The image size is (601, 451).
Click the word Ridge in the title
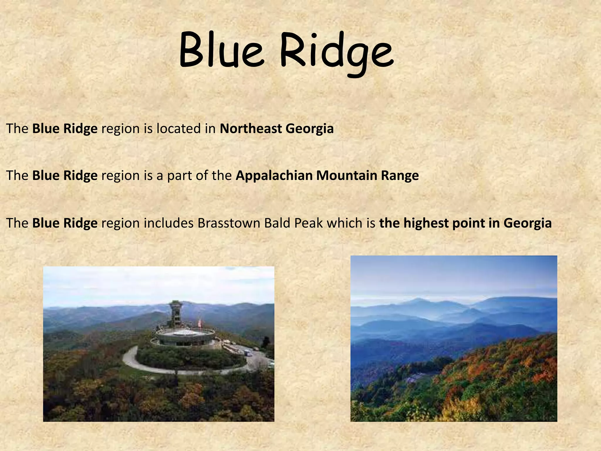click(x=336, y=53)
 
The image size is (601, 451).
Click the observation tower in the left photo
click(x=175, y=314)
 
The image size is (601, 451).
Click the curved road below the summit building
click(x=129, y=360)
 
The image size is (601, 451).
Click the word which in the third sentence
click(x=344, y=223)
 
